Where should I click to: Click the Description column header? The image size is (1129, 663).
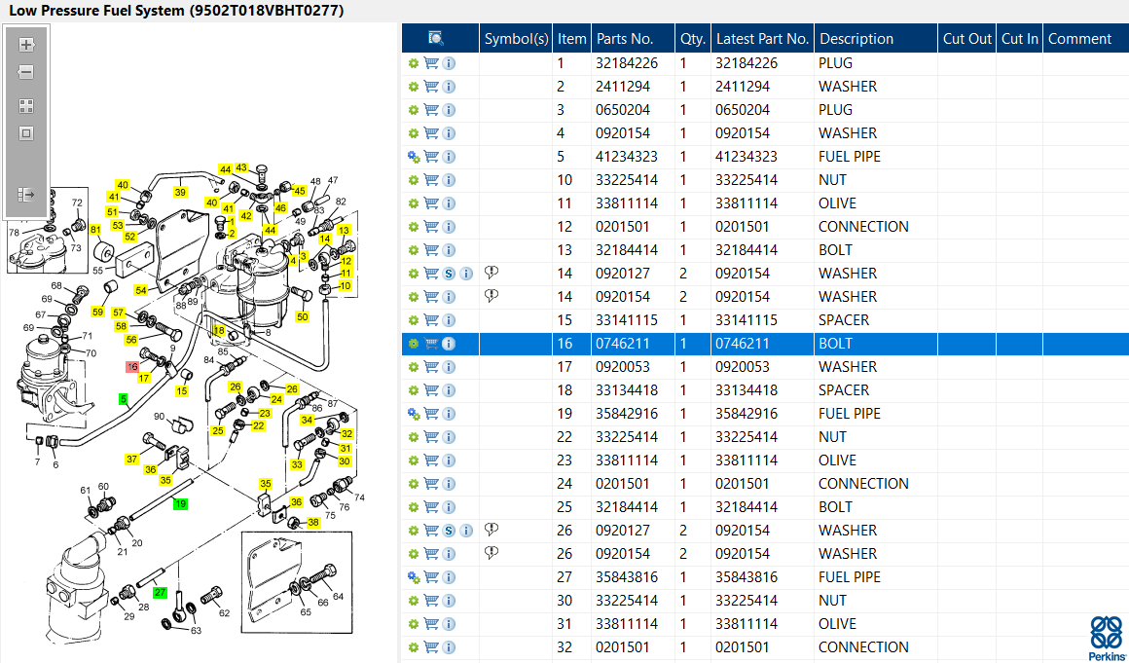point(856,39)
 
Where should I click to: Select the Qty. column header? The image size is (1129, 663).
point(693,39)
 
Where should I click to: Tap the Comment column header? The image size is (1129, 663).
point(1079,39)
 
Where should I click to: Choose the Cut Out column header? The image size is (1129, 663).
point(966,39)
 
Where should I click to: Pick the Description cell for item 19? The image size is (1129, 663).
point(850,414)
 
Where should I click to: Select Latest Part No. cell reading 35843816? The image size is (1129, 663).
point(747,577)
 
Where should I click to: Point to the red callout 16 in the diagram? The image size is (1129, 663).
point(132,366)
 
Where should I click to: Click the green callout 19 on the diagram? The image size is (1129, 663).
point(180,503)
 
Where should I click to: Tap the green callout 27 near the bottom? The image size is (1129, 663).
point(160,592)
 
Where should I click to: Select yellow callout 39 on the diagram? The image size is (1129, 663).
point(180,192)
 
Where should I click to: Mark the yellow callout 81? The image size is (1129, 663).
point(95,230)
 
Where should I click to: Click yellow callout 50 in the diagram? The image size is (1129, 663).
point(303,317)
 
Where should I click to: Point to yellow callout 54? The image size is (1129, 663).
point(141,290)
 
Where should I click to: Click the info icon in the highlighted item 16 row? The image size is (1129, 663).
point(450,344)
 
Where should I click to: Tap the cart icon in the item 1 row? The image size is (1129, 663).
point(431,63)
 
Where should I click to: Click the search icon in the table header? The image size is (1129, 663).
point(436,39)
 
